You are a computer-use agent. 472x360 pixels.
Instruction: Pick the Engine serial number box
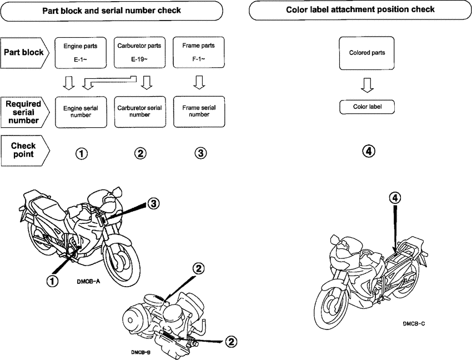[x=81, y=112]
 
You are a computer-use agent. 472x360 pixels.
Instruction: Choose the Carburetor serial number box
[x=140, y=112]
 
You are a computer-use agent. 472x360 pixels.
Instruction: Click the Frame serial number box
[x=199, y=112]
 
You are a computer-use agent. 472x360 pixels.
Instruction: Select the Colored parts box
[x=366, y=53]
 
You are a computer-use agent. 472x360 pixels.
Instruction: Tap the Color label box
[x=366, y=107]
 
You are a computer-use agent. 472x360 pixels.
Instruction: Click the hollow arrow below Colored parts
[x=366, y=84]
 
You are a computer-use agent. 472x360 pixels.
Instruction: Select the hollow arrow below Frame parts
[x=199, y=83]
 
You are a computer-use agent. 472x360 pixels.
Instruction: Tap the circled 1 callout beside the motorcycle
[x=52, y=281]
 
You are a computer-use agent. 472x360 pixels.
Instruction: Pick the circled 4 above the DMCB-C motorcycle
[x=394, y=198]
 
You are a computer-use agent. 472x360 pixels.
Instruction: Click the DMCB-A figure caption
[x=88, y=282]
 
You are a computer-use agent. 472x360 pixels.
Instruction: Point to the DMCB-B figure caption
[x=141, y=352]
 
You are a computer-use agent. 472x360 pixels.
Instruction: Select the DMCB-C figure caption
[x=414, y=323]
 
